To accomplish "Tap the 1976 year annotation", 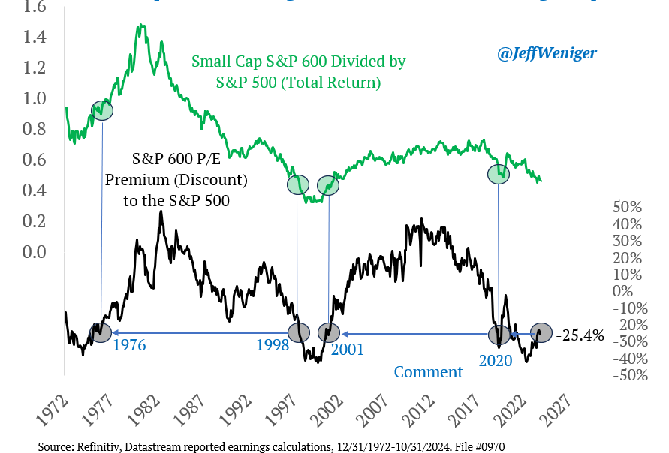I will [129, 346].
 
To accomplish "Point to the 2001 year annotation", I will [347, 349].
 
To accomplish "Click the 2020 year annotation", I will [496, 360].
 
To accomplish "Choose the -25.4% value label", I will [582, 335].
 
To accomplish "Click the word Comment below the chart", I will [428, 372].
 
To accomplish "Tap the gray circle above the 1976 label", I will [100, 332].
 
